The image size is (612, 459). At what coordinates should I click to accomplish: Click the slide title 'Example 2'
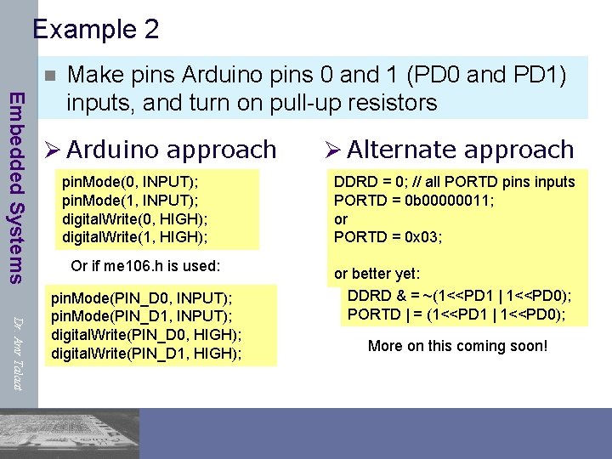pos(95,30)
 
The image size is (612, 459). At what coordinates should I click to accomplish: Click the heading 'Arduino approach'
pos(171,150)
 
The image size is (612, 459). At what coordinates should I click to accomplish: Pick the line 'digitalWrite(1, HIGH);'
pos(135,236)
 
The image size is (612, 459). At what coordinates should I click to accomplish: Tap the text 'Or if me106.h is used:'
pos(145,266)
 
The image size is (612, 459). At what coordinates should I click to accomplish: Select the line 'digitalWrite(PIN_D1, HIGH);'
pos(147,352)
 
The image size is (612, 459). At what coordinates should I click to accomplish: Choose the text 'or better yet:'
pos(377,274)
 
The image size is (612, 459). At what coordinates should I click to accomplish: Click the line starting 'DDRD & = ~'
pos(459,296)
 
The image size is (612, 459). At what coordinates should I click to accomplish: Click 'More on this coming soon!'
pos(457,346)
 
